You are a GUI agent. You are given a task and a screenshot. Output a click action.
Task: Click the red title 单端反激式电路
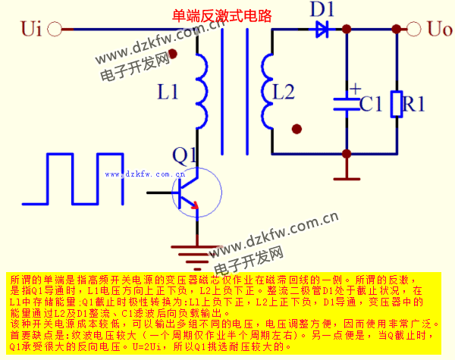click(x=222, y=16)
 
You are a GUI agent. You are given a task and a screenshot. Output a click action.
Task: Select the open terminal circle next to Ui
click(x=55, y=30)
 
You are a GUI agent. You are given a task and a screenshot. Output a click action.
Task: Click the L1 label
click(x=168, y=92)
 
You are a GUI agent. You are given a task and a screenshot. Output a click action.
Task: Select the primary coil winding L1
click(x=201, y=91)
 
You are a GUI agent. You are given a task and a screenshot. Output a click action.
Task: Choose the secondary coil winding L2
click(x=265, y=91)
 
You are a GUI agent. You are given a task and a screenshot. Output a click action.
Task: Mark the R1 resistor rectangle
click(x=396, y=104)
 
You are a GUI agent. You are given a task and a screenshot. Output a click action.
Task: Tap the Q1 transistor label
click(x=184, y=155)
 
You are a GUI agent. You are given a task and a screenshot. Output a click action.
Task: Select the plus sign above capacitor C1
click(x=354, y=87)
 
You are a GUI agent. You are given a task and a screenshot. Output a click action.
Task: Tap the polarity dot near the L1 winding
click(x=174, y=54)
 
